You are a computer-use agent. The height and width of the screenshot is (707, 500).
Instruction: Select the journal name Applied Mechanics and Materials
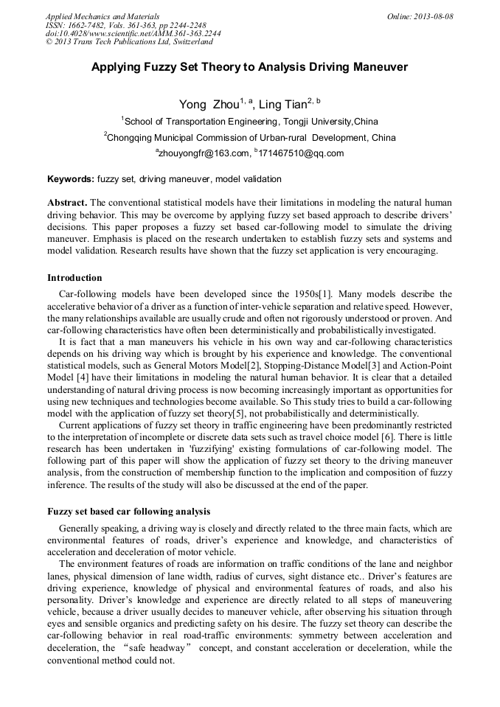pyautogui.click(x=103, y=16)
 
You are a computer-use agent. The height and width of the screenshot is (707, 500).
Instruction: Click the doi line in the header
pyautogui.click(x=133, y=34)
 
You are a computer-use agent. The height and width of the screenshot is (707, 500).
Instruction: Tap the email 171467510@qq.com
pyautogui.click(x=301, y=153)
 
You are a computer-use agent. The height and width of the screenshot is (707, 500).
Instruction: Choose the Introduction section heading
pyautogui.click(x=74, y=278)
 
